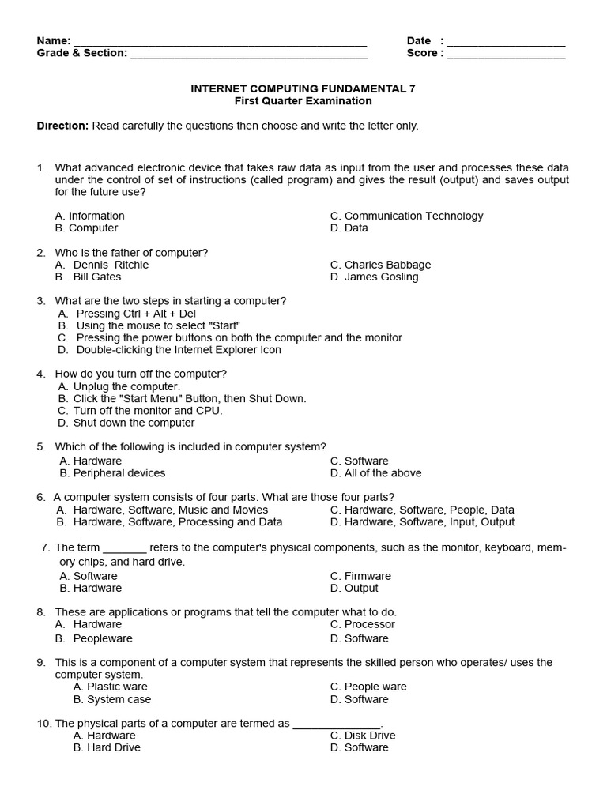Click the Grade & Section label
[81, 53]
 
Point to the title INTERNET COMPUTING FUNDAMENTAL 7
[303, 89]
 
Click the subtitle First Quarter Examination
[303, 101]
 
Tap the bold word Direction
[62, 126]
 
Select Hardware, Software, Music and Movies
[162, 510]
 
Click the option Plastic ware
[110, 687]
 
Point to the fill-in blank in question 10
[337, 724]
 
